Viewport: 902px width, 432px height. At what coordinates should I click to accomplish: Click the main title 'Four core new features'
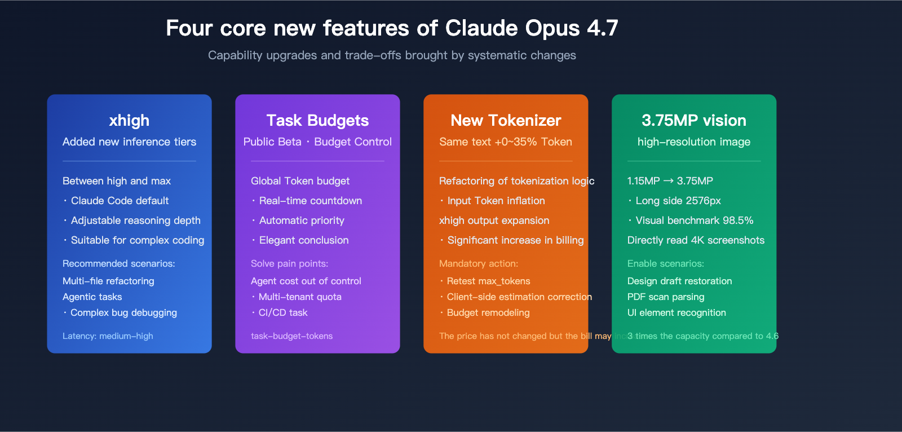(x=392, y=28)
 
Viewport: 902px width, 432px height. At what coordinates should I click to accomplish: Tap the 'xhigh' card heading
(x=129, y=120)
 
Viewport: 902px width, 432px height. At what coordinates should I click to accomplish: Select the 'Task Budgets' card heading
(x=317, y=120)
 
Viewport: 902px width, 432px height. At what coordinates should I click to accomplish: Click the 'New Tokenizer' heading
(x=506, y=120)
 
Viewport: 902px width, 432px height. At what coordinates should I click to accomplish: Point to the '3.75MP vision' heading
(x=693, y=120)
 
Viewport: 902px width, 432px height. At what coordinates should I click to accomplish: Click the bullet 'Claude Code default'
(x=120, y=201)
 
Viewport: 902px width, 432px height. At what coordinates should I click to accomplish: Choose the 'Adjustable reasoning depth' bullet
(x=135, y=221)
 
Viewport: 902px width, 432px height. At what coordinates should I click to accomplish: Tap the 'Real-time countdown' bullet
(x=310, y=201)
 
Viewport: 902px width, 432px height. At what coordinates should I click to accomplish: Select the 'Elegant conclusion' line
(x=303, y=240)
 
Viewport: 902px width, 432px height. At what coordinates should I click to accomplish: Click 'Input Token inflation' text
(x=496, y=201)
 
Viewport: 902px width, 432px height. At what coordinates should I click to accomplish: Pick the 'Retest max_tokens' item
(x=488, y=281)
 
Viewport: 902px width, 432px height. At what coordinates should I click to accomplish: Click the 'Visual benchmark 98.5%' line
(x=694, y=221)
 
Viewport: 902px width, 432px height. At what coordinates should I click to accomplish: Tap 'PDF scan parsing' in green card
(x=666, y=297)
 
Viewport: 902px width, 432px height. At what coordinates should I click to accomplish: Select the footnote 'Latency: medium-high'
(x=108, y=336)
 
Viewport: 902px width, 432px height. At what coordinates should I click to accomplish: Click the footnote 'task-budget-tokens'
(x=291, y=336)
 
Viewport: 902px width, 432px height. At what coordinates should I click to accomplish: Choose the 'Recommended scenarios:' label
(x=118, y=263)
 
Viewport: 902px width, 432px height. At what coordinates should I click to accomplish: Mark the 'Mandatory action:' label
(x=478, y=263)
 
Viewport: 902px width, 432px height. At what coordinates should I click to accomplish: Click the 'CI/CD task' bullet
(x=282, y=312)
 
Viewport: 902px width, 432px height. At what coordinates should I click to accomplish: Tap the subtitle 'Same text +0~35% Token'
(x=506, y=142)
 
